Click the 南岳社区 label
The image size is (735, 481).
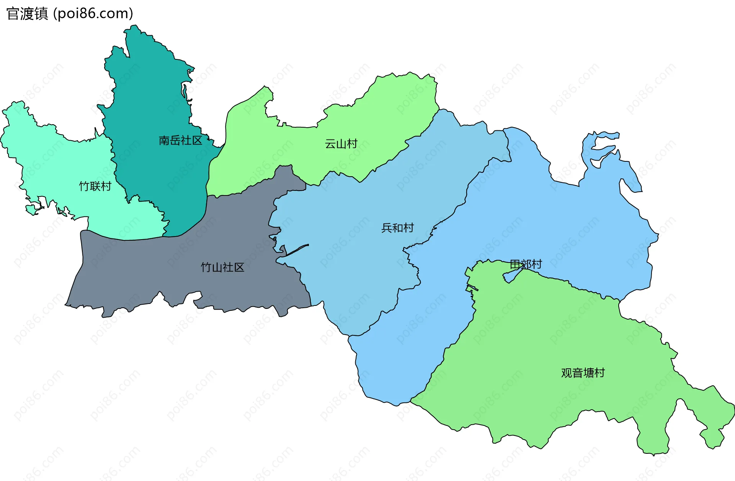[180, 141]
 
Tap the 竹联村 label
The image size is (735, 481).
[95, 186]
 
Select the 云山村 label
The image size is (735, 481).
[341, 144]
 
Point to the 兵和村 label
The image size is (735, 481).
[397, 228]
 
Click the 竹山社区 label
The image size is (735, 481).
[222, 267]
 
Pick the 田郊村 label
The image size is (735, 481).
[526, 264]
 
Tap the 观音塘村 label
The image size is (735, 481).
[583, 373]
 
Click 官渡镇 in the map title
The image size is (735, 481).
[27, 14]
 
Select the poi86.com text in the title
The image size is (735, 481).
[93, 14]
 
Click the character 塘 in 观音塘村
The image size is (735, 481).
[588, 373]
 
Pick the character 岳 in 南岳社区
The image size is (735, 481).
[175, 141]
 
